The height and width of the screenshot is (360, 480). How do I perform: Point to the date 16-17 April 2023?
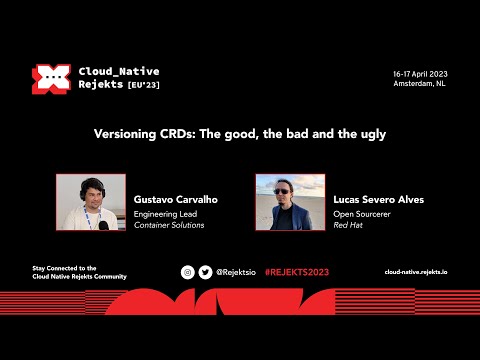click(420, 74)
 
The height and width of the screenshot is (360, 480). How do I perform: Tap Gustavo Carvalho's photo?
click(90, 203)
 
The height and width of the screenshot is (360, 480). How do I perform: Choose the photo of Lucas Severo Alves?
click(290, 203)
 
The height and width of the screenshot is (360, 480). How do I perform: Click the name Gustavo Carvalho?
click(176, 199)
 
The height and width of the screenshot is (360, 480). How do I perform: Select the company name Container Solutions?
click(169, 225)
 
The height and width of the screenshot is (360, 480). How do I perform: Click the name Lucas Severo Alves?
click(379, 199)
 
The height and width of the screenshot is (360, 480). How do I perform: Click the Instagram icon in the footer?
click(187, 272)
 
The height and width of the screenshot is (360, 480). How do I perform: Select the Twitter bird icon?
click(205, 272)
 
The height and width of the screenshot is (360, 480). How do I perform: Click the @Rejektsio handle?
click(236, 272)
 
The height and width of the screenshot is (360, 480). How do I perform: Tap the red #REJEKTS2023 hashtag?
click(297, 272)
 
